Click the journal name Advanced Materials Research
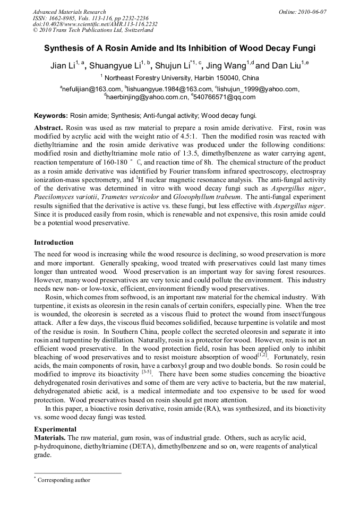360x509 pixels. pos(70,12)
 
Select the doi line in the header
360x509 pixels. pos(95,24)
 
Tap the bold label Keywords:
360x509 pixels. pos(51,115)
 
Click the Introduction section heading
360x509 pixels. pos(54,242)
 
